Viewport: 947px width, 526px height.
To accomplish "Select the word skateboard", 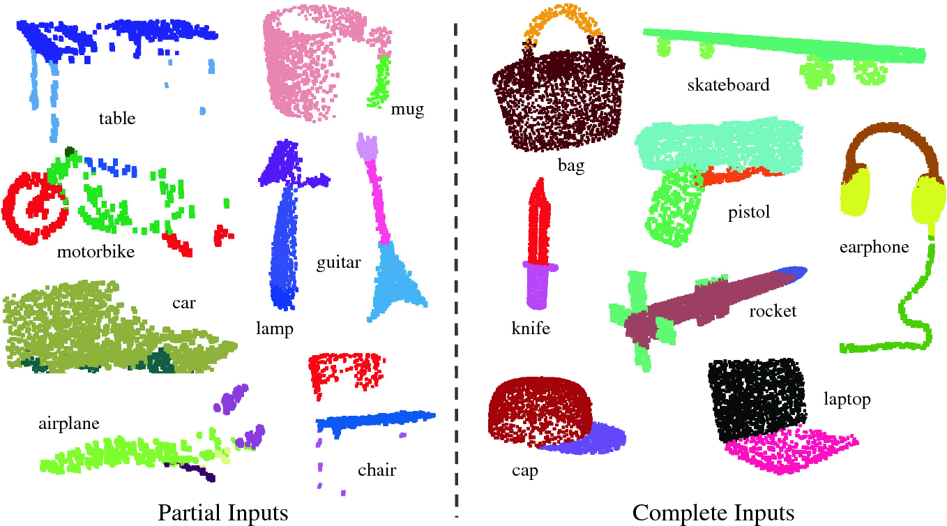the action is (728, 86).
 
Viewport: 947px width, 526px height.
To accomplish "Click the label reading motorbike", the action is (96, 252).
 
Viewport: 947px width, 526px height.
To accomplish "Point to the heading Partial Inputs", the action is (223, 513).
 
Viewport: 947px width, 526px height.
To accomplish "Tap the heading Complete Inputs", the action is (713, 513).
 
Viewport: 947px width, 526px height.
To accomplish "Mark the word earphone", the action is (874, 247).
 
